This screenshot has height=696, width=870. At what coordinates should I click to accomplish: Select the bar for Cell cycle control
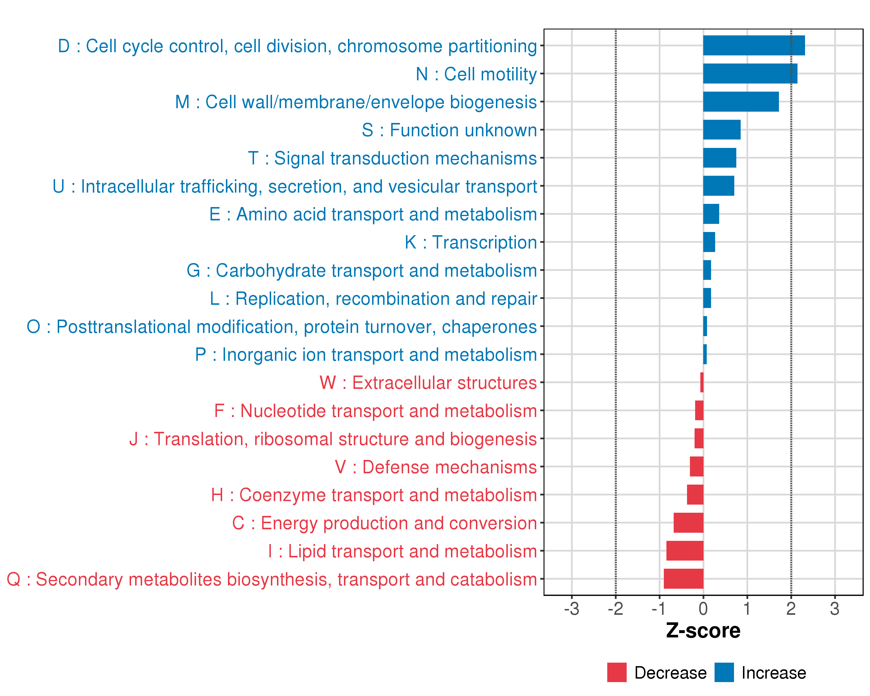754,45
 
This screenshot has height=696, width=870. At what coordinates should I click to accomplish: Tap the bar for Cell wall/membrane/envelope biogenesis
741,102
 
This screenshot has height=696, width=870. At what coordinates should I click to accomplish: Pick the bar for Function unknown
722,130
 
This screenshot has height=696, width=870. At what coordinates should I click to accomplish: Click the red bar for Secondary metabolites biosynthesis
684,579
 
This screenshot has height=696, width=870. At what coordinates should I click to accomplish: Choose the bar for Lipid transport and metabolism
685,550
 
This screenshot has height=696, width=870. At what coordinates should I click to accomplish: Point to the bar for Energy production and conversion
688,523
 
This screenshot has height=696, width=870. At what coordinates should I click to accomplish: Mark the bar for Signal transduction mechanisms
719,158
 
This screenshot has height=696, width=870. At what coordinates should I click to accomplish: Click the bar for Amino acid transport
711,214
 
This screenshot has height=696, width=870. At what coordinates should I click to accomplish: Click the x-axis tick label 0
703,609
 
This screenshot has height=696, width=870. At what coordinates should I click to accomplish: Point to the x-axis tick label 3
835,609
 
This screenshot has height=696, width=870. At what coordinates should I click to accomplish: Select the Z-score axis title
703,631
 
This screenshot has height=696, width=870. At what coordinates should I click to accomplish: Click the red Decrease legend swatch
617,672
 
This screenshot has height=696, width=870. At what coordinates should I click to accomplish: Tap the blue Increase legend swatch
724,672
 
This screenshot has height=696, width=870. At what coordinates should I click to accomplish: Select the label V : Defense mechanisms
436,467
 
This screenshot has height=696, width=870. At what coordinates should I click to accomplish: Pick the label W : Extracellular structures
428,383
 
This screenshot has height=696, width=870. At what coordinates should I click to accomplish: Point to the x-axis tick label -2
615,609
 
